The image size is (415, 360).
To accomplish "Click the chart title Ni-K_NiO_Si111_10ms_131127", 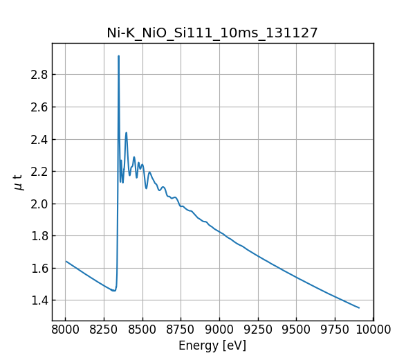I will (x=212, y=33).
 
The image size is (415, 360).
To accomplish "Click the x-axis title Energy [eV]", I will (x=212, y=345).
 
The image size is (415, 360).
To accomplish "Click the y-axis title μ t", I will (x=19, y=182).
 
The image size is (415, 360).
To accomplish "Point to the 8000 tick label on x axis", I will (x=65, y=329).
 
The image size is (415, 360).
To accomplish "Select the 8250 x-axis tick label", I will (x=104, y=329).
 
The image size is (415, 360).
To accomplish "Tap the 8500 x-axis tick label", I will (x=142, y=329).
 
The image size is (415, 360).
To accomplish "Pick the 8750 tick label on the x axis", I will (x=181, y=329).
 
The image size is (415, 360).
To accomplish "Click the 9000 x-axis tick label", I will (x=219, y=329).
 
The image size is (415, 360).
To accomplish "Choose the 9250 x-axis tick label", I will (x=258, y=329).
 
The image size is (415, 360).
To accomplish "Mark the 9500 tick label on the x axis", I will (x=297, y=329).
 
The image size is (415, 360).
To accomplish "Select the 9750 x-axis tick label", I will (x=335, y=329).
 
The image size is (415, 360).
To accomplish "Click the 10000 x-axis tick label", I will (x=373, y=329).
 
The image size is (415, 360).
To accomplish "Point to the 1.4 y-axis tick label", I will (x=39, y=300).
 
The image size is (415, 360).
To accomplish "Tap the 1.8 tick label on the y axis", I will (x=39, y=235).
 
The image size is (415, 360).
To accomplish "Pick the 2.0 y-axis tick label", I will (x=39, y=204).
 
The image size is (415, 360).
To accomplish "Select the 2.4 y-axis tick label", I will (x=39, y=139).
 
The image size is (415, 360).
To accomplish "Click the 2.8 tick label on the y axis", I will (x=39, y=75).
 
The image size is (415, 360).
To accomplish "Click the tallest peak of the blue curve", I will (x=118, y=56).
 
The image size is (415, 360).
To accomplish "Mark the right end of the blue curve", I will (x=359, y=307).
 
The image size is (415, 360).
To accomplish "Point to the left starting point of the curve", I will (x=66, y=261).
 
